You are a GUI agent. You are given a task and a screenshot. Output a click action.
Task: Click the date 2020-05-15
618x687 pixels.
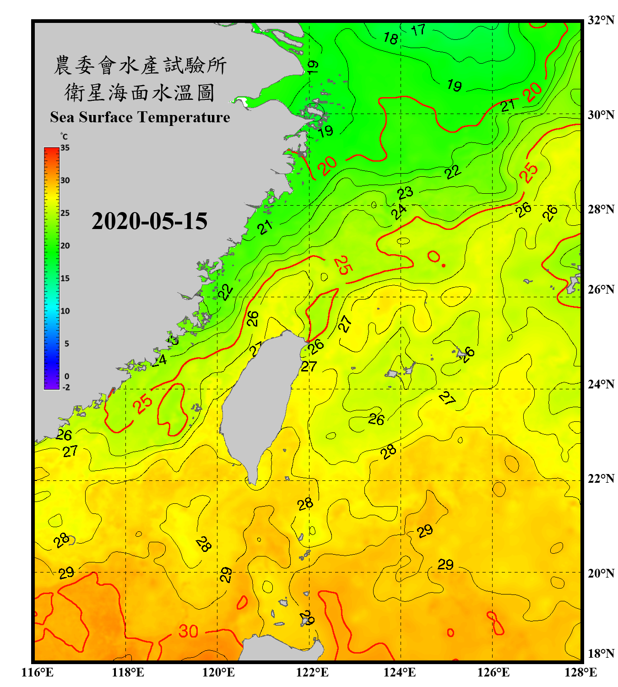[x=149, y=221]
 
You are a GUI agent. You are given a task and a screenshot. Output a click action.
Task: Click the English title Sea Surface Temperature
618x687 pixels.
[x=140, y=117]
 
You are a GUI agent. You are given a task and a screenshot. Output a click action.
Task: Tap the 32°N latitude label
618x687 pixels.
[x=601, y=20]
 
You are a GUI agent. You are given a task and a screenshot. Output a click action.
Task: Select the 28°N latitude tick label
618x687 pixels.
[x=601, y=209]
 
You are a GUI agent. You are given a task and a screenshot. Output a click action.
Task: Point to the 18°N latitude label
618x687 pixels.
[x=601, y=654]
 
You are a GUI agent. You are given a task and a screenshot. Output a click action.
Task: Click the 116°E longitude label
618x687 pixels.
[x=38, y=672]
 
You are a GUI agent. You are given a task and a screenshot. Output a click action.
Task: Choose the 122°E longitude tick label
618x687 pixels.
[x=312, y=672]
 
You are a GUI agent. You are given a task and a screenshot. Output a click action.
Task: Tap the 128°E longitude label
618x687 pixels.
[x=580, y=672]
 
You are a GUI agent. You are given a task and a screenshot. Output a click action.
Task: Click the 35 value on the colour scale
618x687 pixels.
[x=65, y=148]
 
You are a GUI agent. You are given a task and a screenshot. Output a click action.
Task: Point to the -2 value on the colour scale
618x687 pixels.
[x=66, y=387]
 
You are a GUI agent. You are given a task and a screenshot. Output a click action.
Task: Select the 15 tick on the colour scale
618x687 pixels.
[x=65, y=278]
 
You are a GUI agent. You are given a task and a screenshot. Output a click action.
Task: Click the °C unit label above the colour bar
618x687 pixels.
[x=64, y=136]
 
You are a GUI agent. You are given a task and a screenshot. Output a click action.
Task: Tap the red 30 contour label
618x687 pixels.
[x=188, y=632]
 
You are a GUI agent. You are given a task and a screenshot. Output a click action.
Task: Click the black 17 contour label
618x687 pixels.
[x=418, y=30]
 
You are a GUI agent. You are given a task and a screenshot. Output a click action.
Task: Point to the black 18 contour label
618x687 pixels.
[x=390, y=38]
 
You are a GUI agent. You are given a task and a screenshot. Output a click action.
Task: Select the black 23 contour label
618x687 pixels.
[x=405, y=193]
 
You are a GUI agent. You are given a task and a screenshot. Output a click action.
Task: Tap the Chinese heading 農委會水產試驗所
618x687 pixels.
[x=140, y=65]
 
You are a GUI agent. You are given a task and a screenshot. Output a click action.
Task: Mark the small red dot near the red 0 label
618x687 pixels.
[x=444, y=266]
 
